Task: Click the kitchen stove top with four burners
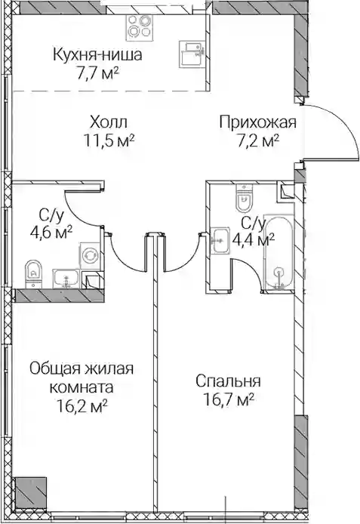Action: [x=140, y=27]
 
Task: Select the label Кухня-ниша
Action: [x=98, y=55]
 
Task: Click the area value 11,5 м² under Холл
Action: [x=109, y=140]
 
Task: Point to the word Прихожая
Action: [x=258, y=122]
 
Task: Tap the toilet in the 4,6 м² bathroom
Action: [x=33, y=273]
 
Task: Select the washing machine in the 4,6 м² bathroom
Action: [x=90, y=255]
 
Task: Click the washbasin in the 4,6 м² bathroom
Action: [x=66, y=279]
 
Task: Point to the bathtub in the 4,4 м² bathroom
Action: [x=278, y=253]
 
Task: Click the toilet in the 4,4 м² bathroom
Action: [x=244, y=198]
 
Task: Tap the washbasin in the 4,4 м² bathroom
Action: [x=220, y=241]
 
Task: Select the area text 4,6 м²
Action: [x=51, y=231]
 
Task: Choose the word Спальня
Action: [x=228, y=381]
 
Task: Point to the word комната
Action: [x=82, y=387]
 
